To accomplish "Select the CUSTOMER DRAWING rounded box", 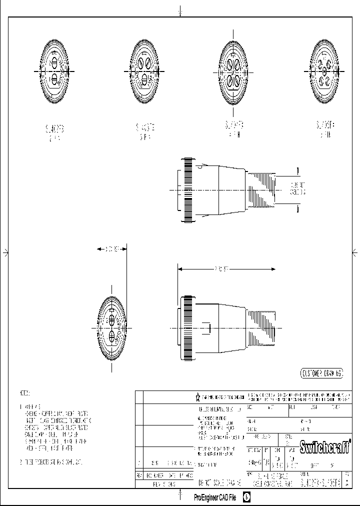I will tap(321, 373).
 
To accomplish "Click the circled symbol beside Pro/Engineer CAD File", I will tap(246, 498).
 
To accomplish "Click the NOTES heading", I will tap(25, 393).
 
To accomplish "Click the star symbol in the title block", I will tap(197, 397).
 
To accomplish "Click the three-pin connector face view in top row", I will tap(144, 72).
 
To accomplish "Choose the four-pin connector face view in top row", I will tap(234, 72).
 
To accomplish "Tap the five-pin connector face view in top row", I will tap(324, 72).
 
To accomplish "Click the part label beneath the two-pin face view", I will tap(54, 132).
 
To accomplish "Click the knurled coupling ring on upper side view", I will tap(189, 189).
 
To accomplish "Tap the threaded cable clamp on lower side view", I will tap(260, 327).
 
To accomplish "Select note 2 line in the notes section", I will tap(49, 461).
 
